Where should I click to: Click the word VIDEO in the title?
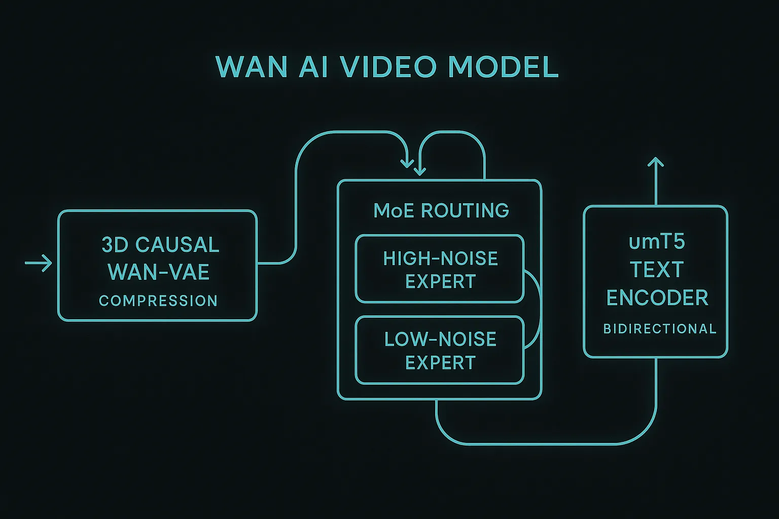point(387,67)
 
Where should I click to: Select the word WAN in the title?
point(252,67)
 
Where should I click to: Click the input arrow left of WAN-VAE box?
point(39,263)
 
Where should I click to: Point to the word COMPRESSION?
point(158,301)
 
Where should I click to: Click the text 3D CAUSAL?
point(160,245)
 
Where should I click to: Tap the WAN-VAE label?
point(159,272)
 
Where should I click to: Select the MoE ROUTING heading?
point(441,210)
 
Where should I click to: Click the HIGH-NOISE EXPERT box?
point(439,269)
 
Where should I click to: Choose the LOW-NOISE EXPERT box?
point(439,350)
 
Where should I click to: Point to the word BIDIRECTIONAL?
point(659,328)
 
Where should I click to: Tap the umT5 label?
point(657,242)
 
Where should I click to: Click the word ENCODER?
point(657,298)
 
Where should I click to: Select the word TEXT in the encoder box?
point(657,270)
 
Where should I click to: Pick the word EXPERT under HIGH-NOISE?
point(440,281)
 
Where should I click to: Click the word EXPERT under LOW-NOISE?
point(440,362)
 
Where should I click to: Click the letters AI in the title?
point(313,67)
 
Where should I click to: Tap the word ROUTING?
point(465,210)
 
